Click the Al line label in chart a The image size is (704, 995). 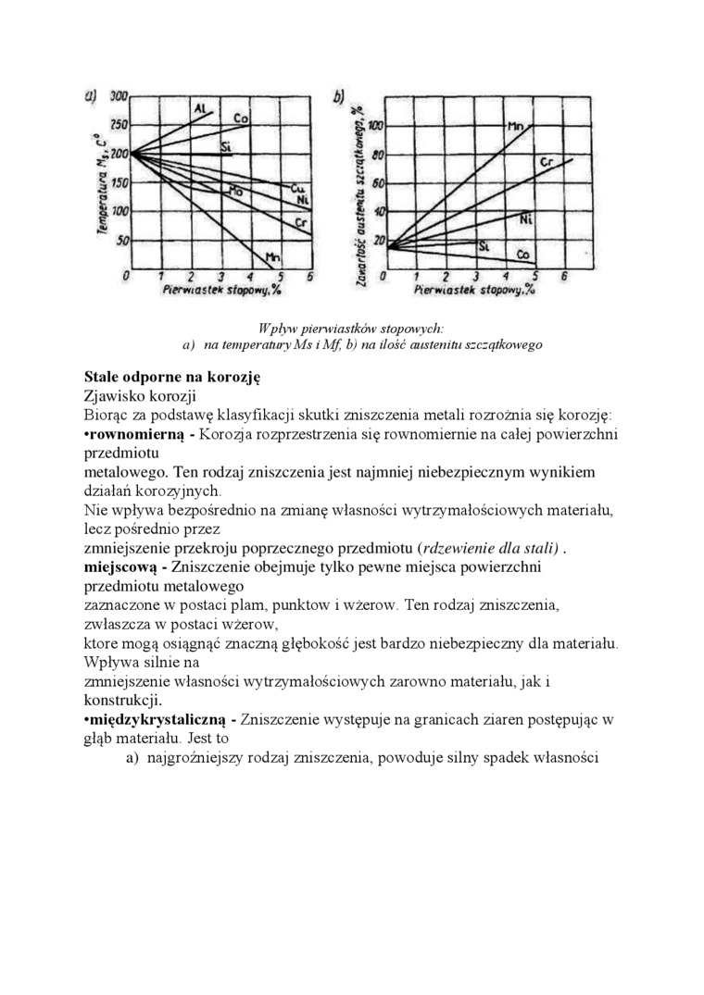click(x=200, y=109)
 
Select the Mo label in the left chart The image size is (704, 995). click(x=235, y=191)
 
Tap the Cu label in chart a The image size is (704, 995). click(x=299, y=188)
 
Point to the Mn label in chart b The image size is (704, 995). click(x=515, y=125)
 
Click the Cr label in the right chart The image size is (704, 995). click(x=547, y=163)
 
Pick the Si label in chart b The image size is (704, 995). click(x=484, y=246)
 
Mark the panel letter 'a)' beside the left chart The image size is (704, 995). click(x=92, y=95)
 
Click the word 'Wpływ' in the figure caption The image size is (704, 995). click(x=279, y=328)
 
